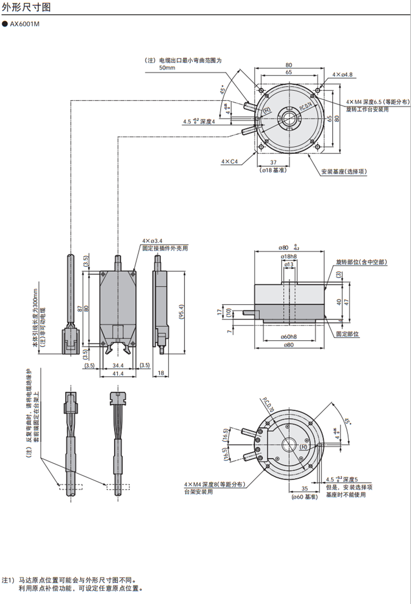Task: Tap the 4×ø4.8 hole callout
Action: coord(342,75)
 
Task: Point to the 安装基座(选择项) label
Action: coord(343,172)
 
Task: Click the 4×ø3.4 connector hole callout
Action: coord(152,241)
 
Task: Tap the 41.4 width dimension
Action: coord(117,374)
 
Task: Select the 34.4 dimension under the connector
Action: coord(117,365)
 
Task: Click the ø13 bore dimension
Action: coord(289,264)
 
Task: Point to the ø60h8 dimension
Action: coord(289,337)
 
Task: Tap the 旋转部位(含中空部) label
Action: coord(362,262)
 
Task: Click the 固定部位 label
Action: coord(347,334)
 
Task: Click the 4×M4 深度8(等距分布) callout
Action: coord(214,484)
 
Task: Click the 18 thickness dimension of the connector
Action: coord(160,374)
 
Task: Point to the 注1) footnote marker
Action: coord(8,581)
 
